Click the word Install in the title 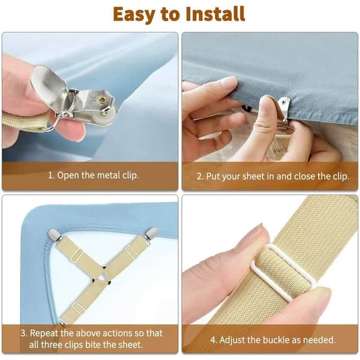(215, 14)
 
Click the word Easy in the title (134, 15)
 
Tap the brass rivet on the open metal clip (102, 99)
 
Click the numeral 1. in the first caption (51, 175)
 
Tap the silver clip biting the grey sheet (284, 108)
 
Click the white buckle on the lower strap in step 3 (78, 307)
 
